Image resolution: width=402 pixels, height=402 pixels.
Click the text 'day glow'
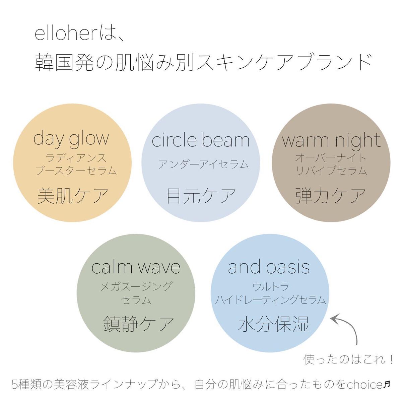[x=71, y=138]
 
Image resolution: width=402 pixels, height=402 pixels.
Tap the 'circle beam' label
[x=201, y=140]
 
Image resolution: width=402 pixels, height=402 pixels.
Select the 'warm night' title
[x=331, y=140]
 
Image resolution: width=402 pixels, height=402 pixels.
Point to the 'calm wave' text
[x=136, y=267]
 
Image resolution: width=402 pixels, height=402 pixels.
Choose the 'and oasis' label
[x=269, y=267]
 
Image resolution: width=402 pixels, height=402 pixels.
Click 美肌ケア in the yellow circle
[x=73, y=195]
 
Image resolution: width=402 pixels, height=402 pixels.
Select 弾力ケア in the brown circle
[x=331, y=195]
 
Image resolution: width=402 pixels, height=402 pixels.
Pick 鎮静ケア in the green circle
[x=138, y=324]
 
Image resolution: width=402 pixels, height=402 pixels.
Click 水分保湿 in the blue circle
[x=273, y=324]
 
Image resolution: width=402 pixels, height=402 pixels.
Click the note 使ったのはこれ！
[x=348, y=359]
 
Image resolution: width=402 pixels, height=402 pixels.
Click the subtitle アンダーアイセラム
[x=203, y=164]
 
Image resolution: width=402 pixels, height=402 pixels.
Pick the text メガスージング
[x=136, y=286]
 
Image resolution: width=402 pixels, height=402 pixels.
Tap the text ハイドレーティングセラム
[x=270, y=299]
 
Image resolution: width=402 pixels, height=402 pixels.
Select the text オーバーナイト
[x=331, y=157]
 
